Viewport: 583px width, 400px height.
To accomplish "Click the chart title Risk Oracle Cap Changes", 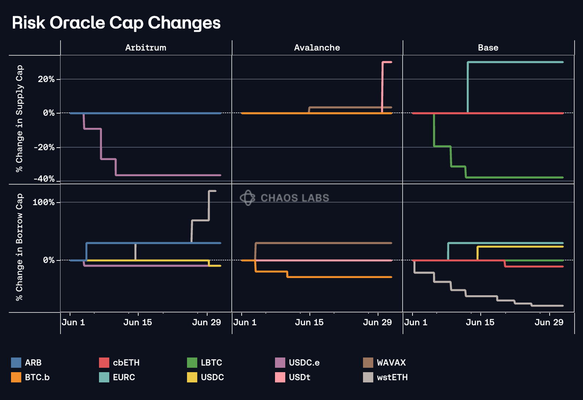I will click(x=116, y=23).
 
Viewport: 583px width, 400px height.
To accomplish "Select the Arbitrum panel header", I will click(x=146, y=48).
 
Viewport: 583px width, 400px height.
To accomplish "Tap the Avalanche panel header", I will click(x=317, y=48).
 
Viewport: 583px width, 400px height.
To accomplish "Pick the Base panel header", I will click(x=488, y=48).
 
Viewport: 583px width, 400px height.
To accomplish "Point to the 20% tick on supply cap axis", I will click(x=46, y=79).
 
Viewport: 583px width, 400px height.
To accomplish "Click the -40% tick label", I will click(x=44, y=179).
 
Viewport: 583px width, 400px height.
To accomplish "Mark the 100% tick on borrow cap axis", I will click(x=43, y=202).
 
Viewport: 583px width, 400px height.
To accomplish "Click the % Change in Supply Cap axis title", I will click(x=19, y=119).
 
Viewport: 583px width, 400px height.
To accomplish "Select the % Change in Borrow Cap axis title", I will click(x=19, y=247).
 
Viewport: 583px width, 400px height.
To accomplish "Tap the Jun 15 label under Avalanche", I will click(x=309, y=322).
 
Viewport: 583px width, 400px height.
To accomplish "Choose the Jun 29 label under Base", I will click(x=549, y=322).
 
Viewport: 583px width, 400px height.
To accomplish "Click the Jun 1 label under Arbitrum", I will click(x=73, y=322).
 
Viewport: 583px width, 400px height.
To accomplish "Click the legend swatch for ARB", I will click(x=16, y=363).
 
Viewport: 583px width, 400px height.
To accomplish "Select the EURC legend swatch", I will click(x=104, y=377).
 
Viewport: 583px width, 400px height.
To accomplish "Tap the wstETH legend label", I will click(x=392, y=377).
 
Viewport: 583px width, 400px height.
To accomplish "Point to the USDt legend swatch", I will click(x=280, y=377).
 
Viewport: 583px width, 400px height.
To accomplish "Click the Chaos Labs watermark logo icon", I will click(x=248, y=198).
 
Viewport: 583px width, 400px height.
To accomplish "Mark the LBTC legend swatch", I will click(x=192, y=363).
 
